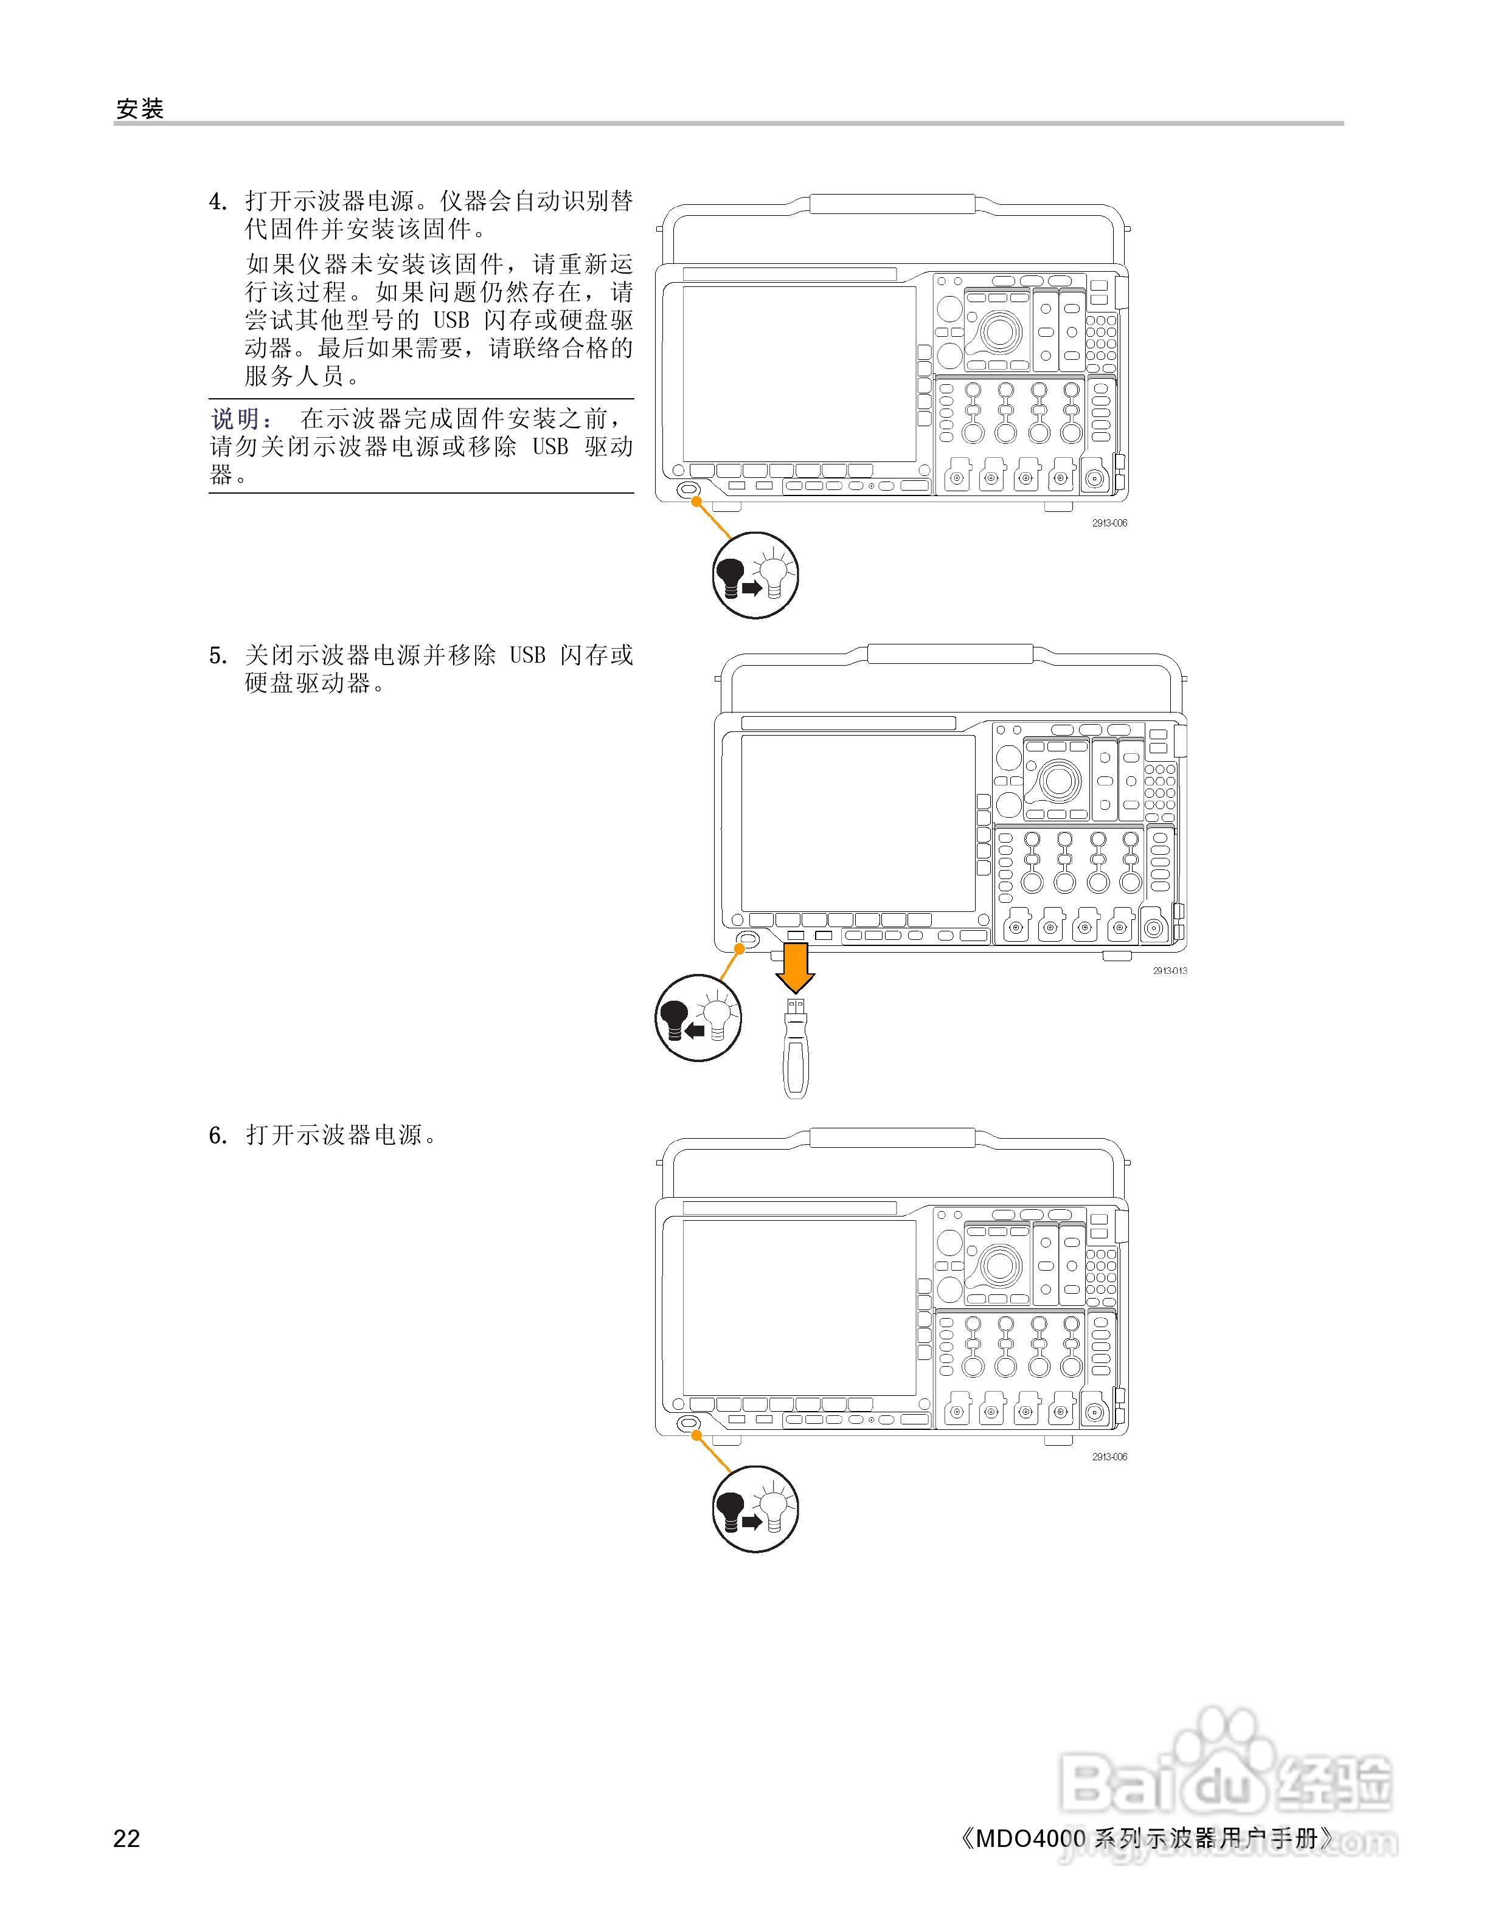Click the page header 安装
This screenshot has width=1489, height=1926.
click(x=141, y=109)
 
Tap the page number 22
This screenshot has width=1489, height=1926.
click(x=127, y=1838)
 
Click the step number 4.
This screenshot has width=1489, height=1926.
click(x=218, y=202)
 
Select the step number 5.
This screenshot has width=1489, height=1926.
click(x=218, y=655)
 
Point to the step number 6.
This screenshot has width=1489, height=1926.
click(x=218, y=1136)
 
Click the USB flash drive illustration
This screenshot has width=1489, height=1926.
click(x=796, y=1048)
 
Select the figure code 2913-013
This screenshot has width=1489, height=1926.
click(x=1170, y=971)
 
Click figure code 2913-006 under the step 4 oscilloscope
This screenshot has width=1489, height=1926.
click(x=1109, y=523)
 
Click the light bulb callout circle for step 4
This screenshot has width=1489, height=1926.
click(x=755, y=575)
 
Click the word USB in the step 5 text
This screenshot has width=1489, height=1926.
click(x=527, y=655)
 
